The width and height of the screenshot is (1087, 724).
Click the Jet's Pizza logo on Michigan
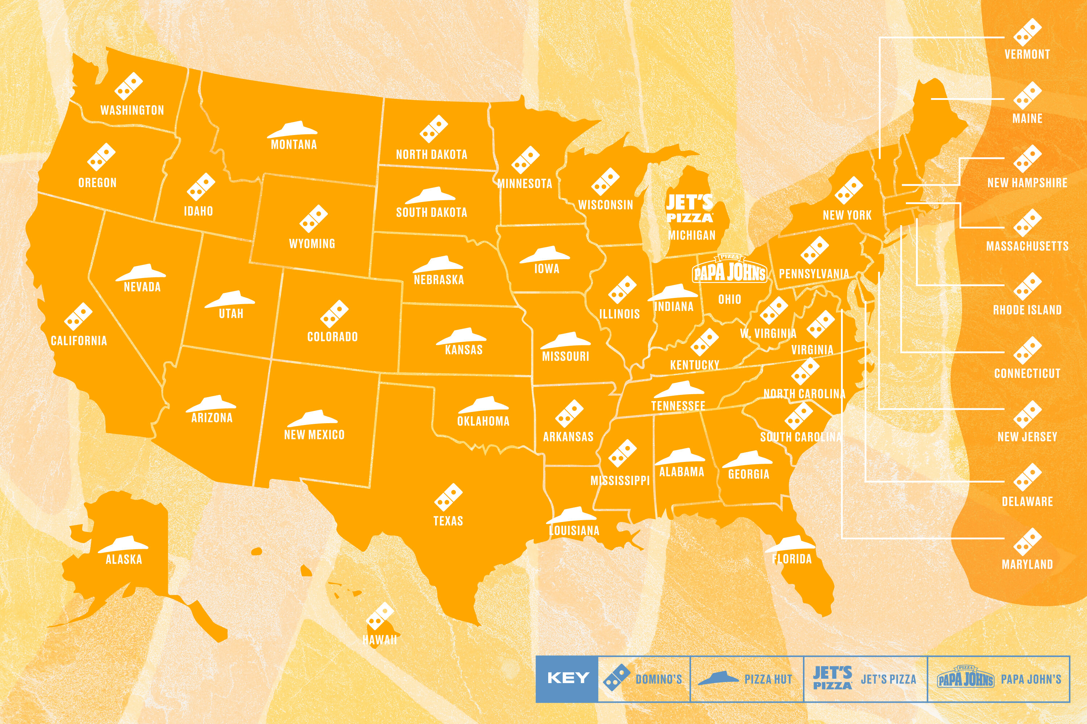click(690, 209)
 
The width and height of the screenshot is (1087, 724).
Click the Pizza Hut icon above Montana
click(292, 130)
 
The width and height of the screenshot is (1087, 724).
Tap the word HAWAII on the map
click(379, 640)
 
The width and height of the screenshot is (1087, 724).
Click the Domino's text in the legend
click(659, 679)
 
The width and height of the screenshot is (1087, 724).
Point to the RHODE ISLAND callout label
click(1027, 310)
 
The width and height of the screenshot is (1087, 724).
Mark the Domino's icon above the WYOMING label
click(313, 219)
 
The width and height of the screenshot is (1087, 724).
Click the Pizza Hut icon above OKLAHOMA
click(483, 405)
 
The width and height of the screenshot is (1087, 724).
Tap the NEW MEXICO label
click(314, 434)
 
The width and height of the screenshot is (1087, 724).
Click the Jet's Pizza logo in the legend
click(832, 678)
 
